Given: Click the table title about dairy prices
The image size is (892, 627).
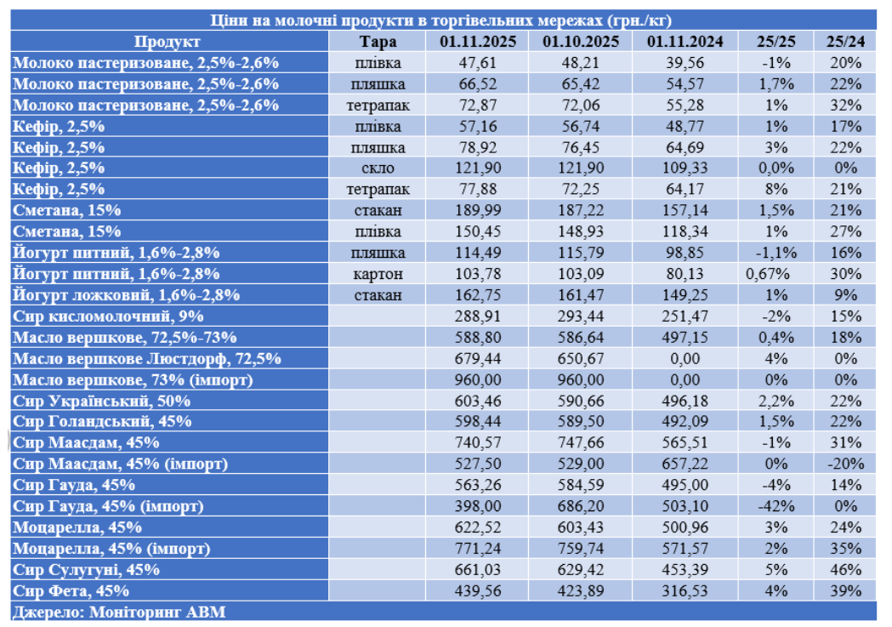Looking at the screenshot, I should (442, 20).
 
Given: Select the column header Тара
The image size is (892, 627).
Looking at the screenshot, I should (377, 42).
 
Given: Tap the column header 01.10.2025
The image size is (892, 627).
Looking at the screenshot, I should (580, 42).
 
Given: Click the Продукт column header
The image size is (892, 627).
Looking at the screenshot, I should (167, 42).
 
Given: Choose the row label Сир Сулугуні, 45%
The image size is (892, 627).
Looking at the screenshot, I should (86, 569).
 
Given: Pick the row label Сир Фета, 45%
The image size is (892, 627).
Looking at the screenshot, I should (71, 590).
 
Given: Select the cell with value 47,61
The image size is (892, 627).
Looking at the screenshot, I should (475, 62).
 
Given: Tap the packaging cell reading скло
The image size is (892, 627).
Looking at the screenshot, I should (377, 168).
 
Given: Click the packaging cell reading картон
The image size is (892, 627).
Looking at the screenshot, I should (377, 274).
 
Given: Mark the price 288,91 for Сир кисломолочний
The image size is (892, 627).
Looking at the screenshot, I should (475, 316).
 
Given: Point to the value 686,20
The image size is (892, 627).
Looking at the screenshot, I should (580, 506).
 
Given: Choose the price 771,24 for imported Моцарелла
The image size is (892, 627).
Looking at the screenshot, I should (475, 548).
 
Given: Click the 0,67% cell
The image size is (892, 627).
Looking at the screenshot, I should (770, 274).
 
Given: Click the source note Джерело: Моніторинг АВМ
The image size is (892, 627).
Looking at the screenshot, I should (119, 612).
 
